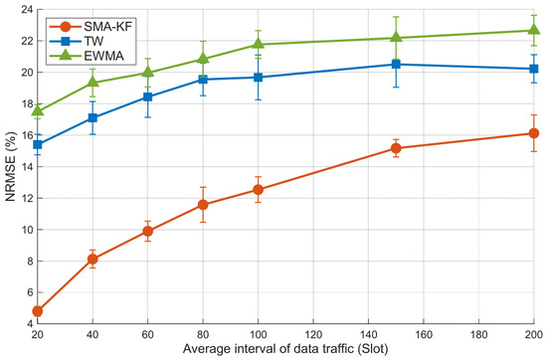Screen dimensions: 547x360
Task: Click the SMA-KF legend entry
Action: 91,26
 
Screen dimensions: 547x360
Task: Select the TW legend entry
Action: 77,41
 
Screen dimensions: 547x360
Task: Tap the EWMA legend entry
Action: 87,56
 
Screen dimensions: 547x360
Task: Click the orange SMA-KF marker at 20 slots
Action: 38,311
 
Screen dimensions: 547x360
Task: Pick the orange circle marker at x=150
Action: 396,148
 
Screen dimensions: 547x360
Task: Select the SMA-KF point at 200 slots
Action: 534,133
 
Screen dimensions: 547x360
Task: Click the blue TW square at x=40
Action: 92,118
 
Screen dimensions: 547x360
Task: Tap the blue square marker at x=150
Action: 396,65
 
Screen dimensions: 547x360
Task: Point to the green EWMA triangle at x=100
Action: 259,43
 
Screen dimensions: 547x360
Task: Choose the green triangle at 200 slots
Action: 534,29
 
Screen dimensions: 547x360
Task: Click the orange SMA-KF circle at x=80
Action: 203,205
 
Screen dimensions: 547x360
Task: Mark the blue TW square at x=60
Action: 148,97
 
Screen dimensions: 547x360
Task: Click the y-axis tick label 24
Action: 26,9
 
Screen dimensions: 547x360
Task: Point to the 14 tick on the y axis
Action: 26,166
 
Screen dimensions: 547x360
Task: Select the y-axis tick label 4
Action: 29,324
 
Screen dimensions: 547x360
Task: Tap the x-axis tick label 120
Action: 313,334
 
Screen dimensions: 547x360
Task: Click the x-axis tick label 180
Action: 478,334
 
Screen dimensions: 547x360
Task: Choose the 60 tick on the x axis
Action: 148,334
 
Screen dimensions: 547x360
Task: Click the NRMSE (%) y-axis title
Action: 11,166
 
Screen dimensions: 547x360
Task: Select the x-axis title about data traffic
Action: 285,349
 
